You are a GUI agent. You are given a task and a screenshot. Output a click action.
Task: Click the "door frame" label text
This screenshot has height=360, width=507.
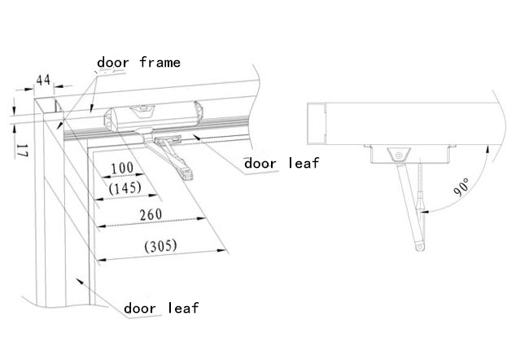138,62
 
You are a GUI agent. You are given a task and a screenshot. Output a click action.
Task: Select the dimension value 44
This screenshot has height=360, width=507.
43,80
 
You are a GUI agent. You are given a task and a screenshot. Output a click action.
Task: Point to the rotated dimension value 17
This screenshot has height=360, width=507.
22,149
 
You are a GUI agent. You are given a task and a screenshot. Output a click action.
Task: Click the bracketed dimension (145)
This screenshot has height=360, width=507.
125,187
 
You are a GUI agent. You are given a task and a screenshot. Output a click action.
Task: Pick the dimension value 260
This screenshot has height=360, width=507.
150,214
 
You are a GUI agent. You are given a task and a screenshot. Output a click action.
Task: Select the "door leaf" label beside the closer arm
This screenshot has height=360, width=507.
282,163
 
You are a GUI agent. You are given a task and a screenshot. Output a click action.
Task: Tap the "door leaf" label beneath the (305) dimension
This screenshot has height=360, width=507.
160,308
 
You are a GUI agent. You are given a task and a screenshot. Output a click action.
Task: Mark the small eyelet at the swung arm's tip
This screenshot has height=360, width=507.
417,243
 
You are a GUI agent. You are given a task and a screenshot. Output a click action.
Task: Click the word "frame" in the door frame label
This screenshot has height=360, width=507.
160,62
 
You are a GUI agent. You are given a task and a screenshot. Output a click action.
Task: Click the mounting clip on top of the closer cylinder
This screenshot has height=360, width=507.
145,107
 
